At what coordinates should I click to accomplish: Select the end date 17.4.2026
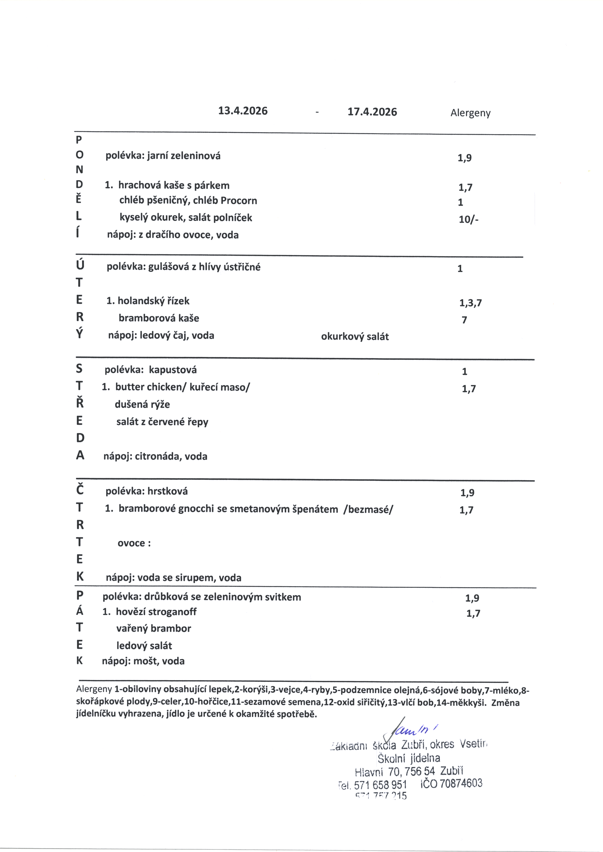coord(372,112)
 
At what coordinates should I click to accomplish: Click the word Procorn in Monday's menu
coord(239,201)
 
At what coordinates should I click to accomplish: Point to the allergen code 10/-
coord(469,220)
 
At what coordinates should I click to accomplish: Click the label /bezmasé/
coord(368,509)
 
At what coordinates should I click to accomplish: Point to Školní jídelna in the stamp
coord(409,758)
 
